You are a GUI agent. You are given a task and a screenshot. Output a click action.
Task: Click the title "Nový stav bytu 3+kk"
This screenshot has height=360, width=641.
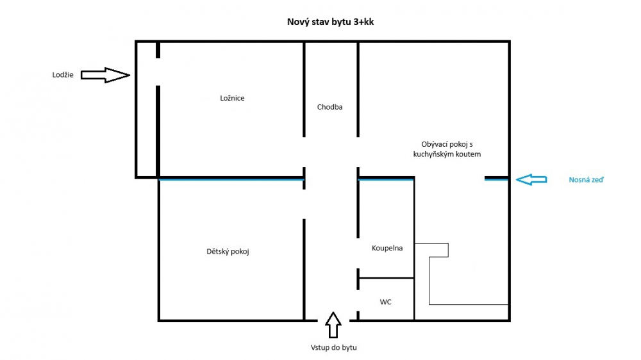[x=330, y=22]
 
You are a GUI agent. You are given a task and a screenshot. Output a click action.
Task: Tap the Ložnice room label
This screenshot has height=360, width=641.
[x=232, y=98]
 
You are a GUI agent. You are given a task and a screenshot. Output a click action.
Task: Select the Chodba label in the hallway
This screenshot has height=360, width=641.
[x=330, y=107]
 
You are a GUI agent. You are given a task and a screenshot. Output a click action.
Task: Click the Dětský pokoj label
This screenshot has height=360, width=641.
[x=228, y=251]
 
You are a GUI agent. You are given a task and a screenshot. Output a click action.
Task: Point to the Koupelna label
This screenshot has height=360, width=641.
[x=387, y=248]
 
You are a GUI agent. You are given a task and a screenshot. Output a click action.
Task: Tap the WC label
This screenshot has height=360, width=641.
[x=385, y=302]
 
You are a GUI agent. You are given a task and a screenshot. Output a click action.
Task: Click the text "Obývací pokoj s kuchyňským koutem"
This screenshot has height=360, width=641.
[x=447, y=149]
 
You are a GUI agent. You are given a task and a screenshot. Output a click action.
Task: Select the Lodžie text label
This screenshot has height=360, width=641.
[x=63, y=75]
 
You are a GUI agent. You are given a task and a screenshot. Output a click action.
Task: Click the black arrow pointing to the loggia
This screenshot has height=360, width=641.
[x=106, y=75]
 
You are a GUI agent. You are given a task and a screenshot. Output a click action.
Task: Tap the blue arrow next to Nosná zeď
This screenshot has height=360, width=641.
[x=531, y=179]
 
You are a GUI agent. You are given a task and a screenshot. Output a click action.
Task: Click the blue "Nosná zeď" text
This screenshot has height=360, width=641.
[x=587, y=180]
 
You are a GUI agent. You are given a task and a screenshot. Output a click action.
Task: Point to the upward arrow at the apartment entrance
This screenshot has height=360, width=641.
[x=333, y=325]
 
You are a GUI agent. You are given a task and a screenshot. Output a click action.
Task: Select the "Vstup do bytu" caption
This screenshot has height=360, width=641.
[x=333, y=348]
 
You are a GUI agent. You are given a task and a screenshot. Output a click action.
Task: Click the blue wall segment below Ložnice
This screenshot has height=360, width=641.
[x=231, y=179]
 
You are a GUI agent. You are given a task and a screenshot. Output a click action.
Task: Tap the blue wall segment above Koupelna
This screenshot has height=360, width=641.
[x=386, y=179]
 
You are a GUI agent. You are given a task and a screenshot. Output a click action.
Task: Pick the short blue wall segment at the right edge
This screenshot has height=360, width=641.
[x=497, y=179]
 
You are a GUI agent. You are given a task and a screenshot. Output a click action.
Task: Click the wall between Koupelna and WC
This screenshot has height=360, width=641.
[x=387, y=278]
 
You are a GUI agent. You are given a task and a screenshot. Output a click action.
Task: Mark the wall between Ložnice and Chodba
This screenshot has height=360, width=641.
[x=304, y=90]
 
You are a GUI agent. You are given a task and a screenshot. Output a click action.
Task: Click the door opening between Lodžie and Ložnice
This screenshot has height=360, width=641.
[x=158, y=72]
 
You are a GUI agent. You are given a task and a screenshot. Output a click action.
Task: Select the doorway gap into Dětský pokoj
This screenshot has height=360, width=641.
[x=304, y=204]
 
